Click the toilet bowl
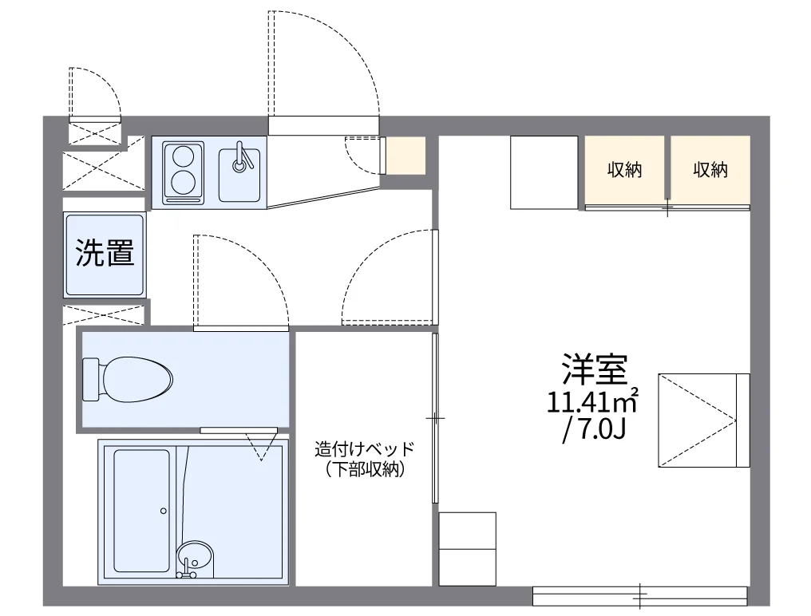click(136, 379)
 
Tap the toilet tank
click(91, 379)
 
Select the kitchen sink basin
click(239, 175)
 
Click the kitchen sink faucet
click(241, 156)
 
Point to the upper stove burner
click(182, 156)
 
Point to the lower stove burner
click(182, 182)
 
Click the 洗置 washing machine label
click(105, 253)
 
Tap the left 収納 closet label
click(624, 170)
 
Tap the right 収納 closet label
click(710, 170)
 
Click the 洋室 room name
click(595, 369)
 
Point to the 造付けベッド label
click(365, 448)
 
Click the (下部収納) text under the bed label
click(365, 469)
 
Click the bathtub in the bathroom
click(141, 511)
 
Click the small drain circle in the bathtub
click(164, 511)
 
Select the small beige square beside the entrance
click(406, 156)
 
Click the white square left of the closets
click(544, 172)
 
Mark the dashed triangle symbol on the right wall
click(697, 421)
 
